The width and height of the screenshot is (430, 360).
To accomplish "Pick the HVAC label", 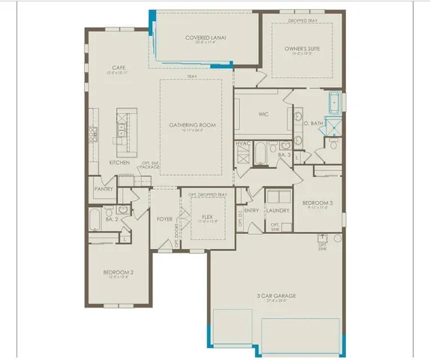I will [x=243, y=143].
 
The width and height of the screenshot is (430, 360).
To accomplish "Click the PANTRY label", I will [x=103, y=190].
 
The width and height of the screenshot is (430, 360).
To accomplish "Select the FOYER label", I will [x=165, y=219].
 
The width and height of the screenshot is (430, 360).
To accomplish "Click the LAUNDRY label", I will [x=278, y=211].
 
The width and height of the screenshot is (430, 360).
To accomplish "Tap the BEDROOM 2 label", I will [x=118, y=272].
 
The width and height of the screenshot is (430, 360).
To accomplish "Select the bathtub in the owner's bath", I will [x=334, y=102].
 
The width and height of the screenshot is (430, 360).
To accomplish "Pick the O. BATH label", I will [x=314, y=124].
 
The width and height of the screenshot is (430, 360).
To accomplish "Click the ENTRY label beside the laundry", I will [x=252, y=211].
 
